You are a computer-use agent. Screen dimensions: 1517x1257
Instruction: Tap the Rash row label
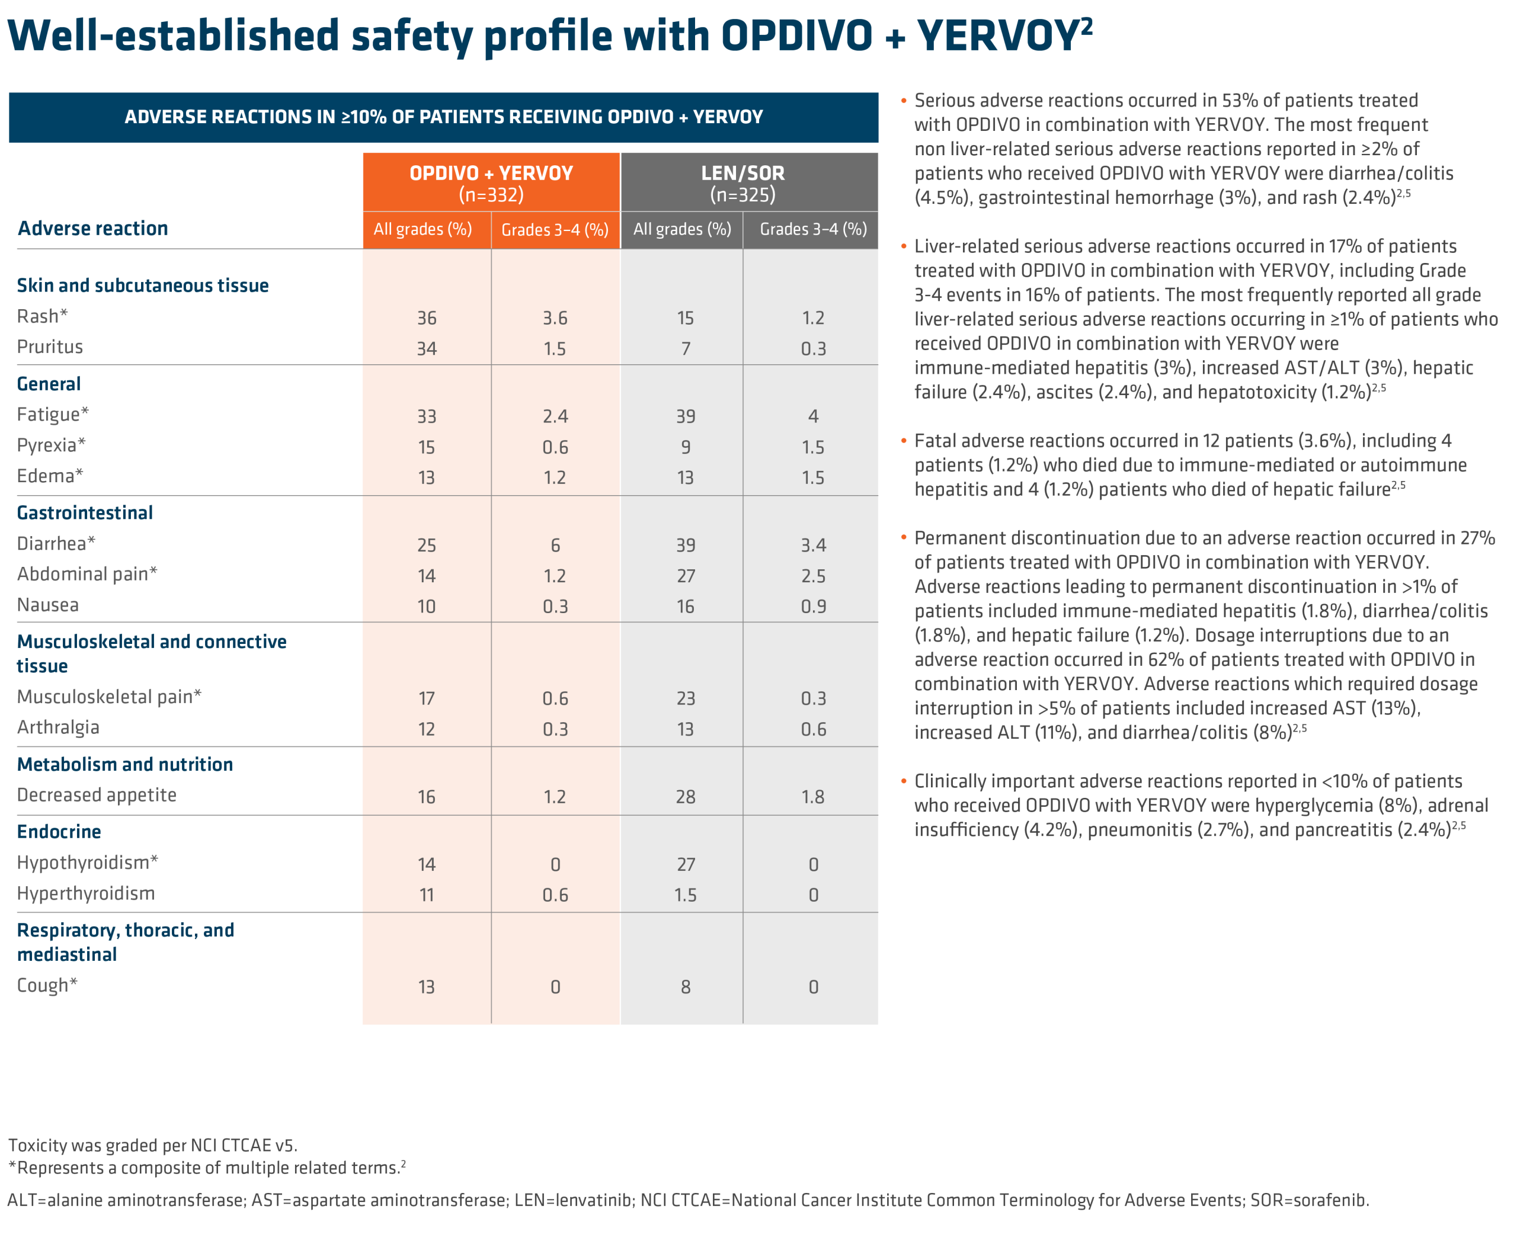click(x=42, y=316)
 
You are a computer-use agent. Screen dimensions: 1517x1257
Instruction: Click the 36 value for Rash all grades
click(x=427, y=319)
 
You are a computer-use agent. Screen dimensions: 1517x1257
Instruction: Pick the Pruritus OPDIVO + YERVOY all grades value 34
click(x=427, y=349)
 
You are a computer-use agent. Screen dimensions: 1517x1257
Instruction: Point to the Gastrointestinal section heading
click(x=85, y=512)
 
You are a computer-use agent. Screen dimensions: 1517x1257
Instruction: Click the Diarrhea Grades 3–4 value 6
click(x=555, y=545)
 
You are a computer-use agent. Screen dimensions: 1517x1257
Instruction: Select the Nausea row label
click(x=47, y=605)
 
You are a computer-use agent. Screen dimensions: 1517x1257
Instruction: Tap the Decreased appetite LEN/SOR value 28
click(x=686, y=797)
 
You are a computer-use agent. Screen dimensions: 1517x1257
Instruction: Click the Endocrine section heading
click(x=59, y=832)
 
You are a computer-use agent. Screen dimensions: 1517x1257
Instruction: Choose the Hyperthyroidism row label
click(x=86, y=894)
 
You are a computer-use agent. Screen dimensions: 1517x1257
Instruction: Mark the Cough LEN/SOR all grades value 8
click(x=686, y=987)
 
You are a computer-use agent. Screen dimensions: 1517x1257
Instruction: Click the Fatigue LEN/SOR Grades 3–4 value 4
click(x=814, y=416)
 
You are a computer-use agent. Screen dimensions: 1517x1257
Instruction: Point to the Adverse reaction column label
click(x=92, y=228)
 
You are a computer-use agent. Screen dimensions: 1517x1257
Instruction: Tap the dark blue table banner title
click(x=443, y=117)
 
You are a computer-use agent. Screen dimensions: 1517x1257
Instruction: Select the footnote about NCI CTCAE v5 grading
click(x=152, y=1145)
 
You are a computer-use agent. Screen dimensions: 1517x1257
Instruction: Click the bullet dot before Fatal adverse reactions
click(x=903, y=440)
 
